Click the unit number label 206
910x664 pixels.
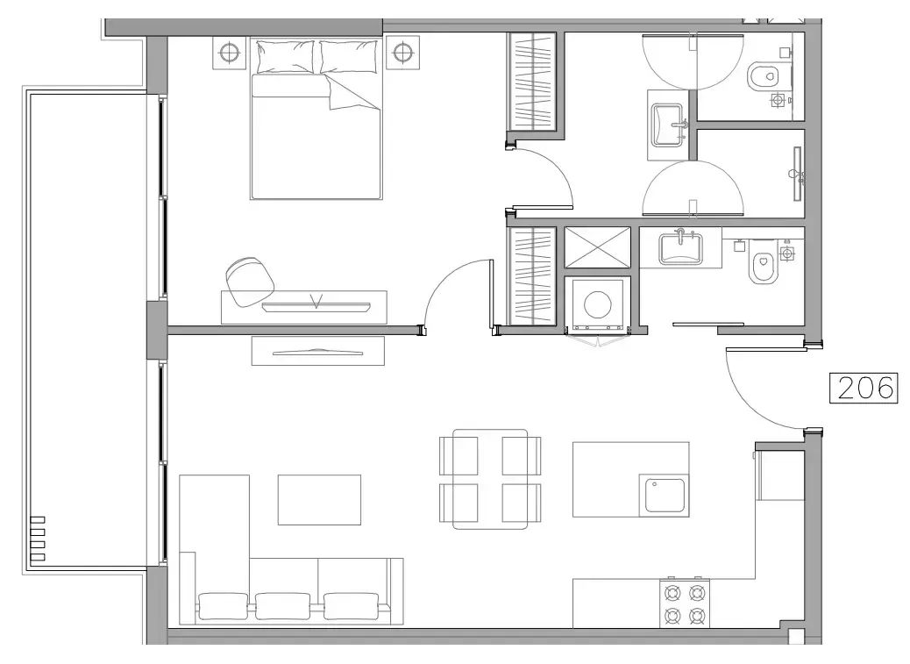(864, 387)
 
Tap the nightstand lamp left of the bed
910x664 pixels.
(230, 53)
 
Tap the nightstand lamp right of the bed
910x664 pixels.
(402, 53)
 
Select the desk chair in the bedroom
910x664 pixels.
(249, 280)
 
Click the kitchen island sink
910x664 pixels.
(665, 495)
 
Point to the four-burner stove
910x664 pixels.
(685, 603)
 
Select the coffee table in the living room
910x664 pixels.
(319, 499)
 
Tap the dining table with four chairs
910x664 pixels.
(490, 479)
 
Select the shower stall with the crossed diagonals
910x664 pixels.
(597, 246)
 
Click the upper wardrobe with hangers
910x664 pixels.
(532, 82)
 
